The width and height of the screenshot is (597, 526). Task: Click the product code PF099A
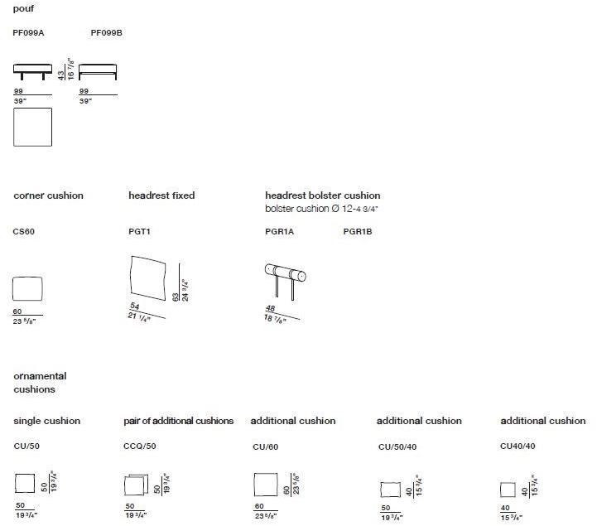coord(27,33)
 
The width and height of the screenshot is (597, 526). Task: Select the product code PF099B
coord(106,33)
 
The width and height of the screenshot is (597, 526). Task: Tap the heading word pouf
coord(23,8)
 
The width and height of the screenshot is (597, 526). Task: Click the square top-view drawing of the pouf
coord(32,127)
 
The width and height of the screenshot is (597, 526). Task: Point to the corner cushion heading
coord(48,196)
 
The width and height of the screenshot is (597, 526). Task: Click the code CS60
coord(24,232)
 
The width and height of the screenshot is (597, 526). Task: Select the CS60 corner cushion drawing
coord(27,291)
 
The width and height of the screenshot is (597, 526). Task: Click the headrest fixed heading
coord(161,196)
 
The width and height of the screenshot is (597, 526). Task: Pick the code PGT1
coord(139,232)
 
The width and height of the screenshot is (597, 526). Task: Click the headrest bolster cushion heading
coord(322,196)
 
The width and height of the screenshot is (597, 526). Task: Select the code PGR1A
coord(279,232)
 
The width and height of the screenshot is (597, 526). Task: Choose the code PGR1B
coord(358,232)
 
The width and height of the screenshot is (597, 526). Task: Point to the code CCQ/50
coord(139,446)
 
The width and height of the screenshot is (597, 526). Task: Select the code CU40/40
coord(518,446)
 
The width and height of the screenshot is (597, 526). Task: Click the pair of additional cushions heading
coord(178,421)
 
